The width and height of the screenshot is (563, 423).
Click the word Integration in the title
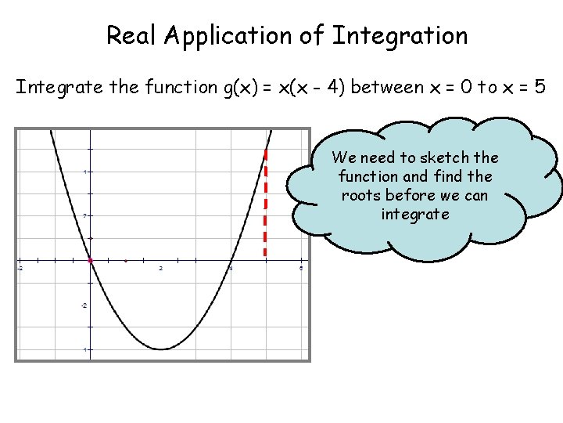tap(400, 36)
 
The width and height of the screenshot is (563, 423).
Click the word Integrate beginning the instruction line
tap(59, 87)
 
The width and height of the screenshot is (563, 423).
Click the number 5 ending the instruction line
tap(540, 87)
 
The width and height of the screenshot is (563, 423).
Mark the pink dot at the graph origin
tap(91, 260)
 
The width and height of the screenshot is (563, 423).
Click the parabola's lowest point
tap(161, 349)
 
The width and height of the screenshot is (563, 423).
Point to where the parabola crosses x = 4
tap(231, 260)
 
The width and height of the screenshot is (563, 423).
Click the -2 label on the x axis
tap(20, 269)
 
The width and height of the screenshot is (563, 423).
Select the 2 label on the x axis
tap(161, 269)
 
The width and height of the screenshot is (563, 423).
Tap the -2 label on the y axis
tap(84, 305)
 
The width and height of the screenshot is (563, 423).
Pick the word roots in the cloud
tap(361, 196)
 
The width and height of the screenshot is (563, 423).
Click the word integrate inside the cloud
tap(415, 215)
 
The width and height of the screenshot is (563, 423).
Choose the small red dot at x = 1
tap(126, 260)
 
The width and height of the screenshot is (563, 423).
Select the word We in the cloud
tap(346, 158)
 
